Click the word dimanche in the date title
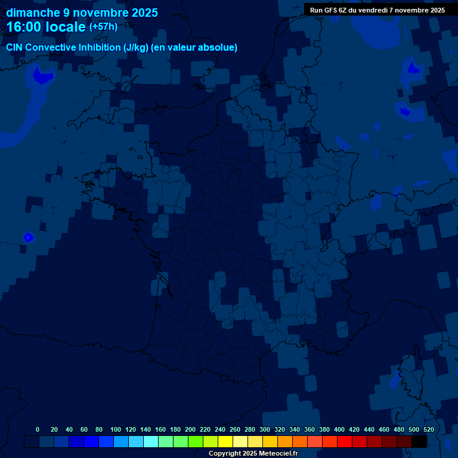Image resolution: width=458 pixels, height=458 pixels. [x=33, y=13]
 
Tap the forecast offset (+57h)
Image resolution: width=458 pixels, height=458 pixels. [x=103, y=27]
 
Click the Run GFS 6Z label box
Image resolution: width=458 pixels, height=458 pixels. [x=377, y=10]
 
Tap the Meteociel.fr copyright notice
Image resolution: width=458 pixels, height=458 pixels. [x=253, y=453]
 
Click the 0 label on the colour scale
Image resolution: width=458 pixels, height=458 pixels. [x=38, y=429]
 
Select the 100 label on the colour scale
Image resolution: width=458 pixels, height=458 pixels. [x=116, y=429]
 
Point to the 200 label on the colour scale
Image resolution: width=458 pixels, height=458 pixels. [x=190, y=429]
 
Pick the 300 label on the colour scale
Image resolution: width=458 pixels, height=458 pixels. [x=265, y=429]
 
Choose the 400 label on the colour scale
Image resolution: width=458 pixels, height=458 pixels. [x=339, y=429]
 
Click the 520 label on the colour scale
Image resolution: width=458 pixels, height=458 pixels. [x=428, y=429]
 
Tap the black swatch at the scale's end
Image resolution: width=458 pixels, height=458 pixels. [x=419, y=441]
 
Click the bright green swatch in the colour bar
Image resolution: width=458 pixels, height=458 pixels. [x=196, y=441]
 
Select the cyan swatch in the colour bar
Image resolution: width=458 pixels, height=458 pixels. [x=151, y=441]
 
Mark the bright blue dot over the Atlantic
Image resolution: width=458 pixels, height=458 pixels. [x=28, y=237]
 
